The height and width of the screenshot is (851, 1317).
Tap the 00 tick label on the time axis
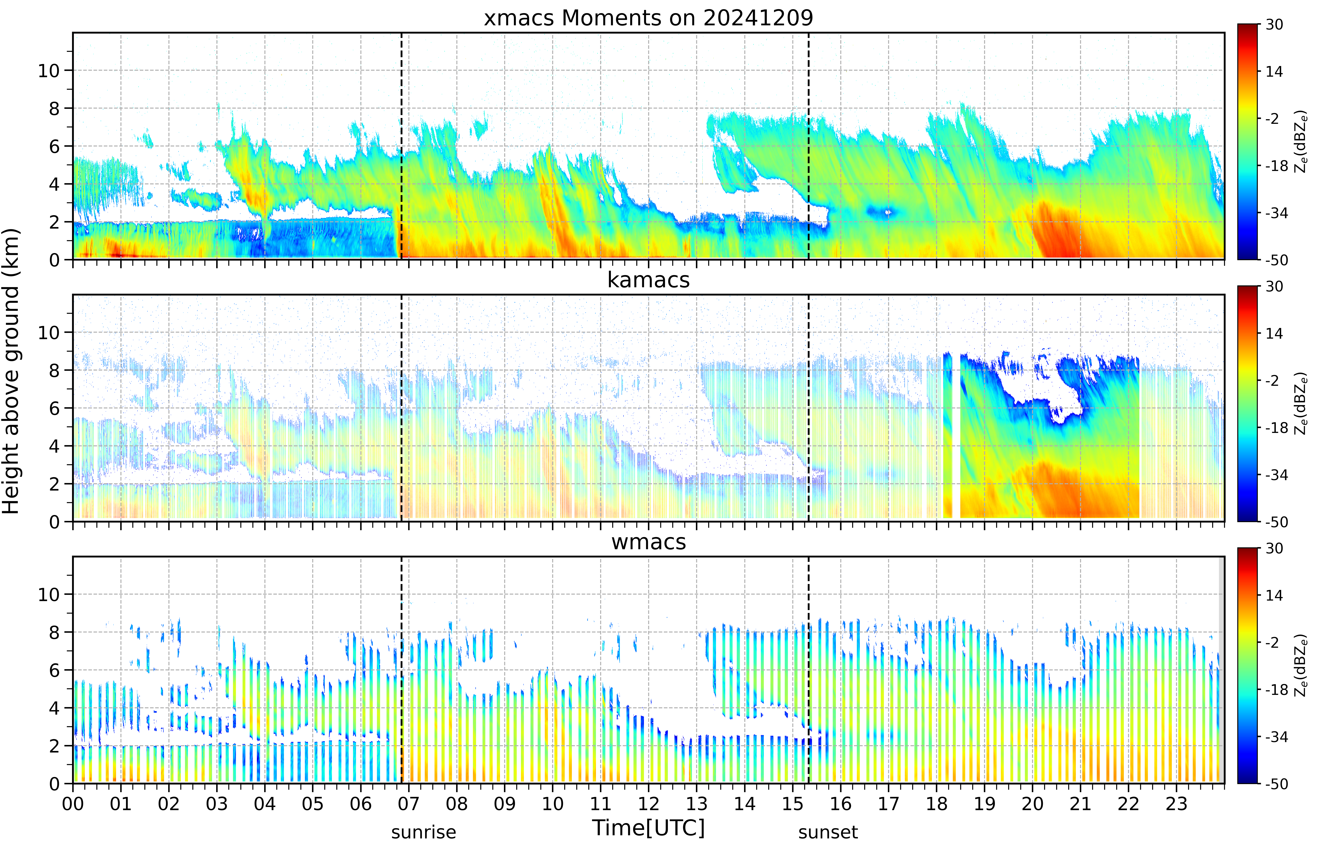tap(73, 803)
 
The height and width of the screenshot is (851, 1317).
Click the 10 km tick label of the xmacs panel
tap(49, 71)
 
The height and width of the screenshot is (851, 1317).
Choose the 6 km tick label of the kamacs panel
tap(54, 408)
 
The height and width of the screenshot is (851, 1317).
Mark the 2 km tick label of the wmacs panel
tap(54, 746)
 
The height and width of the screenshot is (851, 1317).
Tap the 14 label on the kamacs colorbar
tap(1274, 333)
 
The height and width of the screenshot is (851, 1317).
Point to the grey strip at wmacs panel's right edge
tap(1222, 670)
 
